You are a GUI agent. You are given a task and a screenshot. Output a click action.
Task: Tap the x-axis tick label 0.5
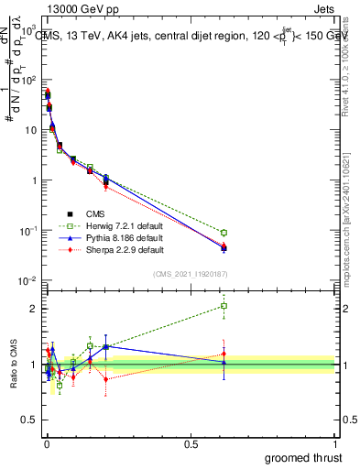point(190,442)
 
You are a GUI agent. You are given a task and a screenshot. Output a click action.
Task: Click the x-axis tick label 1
point(336,442)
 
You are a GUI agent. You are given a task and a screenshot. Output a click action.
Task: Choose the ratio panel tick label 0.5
point(27,422)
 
